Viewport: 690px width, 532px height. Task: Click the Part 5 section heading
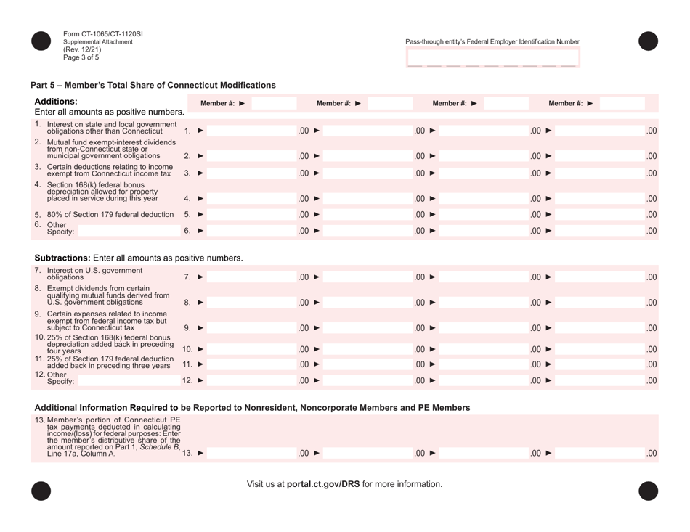coord(153,85)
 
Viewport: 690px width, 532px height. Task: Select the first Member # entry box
coord(280,103)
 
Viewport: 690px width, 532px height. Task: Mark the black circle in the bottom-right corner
coord(648,491)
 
